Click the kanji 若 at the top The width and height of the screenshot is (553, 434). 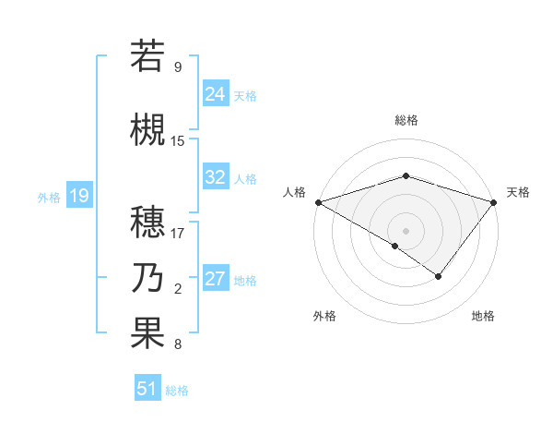[147, 55]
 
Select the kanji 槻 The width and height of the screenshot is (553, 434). [147, 130]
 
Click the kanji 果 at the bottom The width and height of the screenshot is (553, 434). [147, 333]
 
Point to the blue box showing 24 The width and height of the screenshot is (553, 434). [215, 93]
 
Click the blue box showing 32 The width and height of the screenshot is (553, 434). [215, 177]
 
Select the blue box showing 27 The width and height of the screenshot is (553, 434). [215, 279]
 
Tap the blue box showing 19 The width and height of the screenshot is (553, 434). [78, 196]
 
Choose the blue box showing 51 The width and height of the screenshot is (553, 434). [147, 389]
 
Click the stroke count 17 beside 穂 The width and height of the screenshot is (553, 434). [178, 233]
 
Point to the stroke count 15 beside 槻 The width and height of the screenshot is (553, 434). [178, 141]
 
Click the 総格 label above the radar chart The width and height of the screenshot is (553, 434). [406, 120]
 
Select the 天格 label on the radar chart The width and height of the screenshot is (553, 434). [519, 192]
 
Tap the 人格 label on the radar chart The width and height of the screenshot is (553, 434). [294, 192]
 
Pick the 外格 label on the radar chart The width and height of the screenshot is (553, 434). [324, 316]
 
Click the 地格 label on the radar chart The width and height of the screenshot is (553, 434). [483, 316]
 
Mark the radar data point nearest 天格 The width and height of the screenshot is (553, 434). [495, 201]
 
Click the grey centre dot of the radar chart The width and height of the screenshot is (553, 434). [406, 230]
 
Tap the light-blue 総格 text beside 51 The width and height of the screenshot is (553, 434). [177, 391]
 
